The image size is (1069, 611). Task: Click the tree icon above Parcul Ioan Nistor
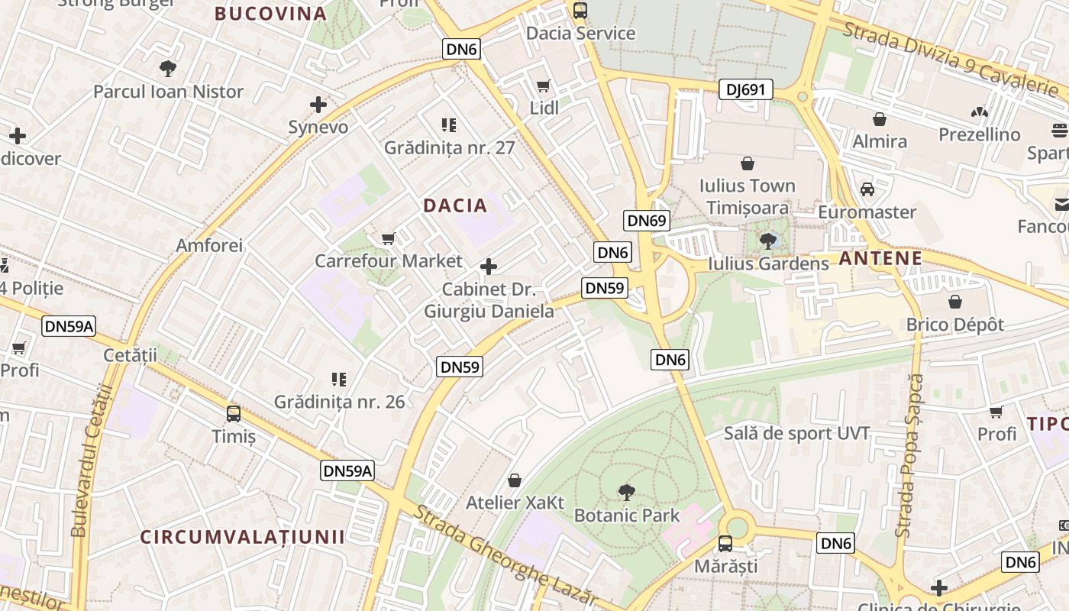pos(168,69)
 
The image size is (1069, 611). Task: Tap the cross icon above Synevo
pos(318,105)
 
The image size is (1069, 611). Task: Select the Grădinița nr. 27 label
pos(450,147)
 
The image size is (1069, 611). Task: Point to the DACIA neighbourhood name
pos(455,205)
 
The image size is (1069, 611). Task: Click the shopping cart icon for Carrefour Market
pos(388,239)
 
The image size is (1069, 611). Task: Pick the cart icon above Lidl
pos(544,86)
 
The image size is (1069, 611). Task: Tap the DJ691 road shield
pos(745,90)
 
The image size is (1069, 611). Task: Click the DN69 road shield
pos(646,221)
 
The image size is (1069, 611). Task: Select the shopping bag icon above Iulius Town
pos(748,163)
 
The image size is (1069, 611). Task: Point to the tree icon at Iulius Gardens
pos(768,241)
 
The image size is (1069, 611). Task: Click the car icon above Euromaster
pos(867,189)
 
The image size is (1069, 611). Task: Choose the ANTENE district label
pos(880,259)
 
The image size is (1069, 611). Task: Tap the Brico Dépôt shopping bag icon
pos(955,302)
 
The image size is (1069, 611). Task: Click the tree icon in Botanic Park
pos(626,493)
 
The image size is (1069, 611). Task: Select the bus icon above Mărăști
pos(725,544)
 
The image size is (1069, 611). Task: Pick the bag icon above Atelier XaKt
pos(515,480)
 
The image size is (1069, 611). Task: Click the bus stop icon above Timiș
pos(234,414)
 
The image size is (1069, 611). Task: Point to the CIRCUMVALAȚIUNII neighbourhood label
pos(242,536)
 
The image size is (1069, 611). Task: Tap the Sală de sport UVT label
pos(797,434)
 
